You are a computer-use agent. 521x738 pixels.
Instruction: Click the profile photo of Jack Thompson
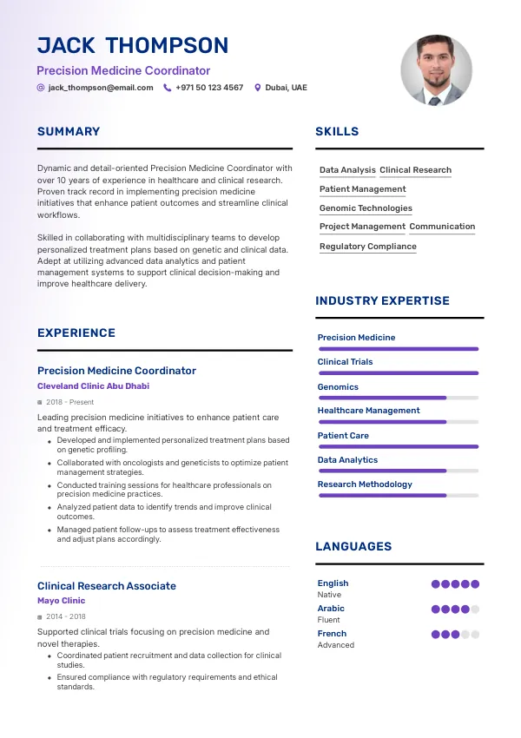[436, 70]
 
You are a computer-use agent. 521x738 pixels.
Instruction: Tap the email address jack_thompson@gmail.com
[101, 88]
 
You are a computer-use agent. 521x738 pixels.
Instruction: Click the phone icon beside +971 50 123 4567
[168, 88]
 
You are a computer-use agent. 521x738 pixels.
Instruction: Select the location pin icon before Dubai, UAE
[257, 88]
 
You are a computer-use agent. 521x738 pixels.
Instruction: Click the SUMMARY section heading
[69, 132]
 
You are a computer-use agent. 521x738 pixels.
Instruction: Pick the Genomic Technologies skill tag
[366, 208]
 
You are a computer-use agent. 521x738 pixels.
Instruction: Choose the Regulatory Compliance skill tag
[367, 247]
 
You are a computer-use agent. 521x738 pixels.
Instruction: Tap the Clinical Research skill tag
[415, 170]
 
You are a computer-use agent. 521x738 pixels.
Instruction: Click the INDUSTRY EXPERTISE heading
[382, 301]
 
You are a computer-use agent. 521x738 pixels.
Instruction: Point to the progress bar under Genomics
[398, 398]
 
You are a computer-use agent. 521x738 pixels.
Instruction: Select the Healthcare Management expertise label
[368, 411]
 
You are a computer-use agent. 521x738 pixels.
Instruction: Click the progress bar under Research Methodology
[398, 496]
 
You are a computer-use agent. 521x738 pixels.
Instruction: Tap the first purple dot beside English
[436, 584]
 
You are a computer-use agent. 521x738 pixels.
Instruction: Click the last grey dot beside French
[475, 635]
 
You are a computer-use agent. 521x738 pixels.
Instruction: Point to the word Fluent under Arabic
[329, 620]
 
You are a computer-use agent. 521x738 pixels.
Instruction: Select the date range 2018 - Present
[69, 403]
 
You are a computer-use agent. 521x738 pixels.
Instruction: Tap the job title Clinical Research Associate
[106, 586]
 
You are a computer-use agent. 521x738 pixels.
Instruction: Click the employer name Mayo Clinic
[61, 601]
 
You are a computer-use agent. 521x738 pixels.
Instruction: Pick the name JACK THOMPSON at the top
[133, 46]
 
